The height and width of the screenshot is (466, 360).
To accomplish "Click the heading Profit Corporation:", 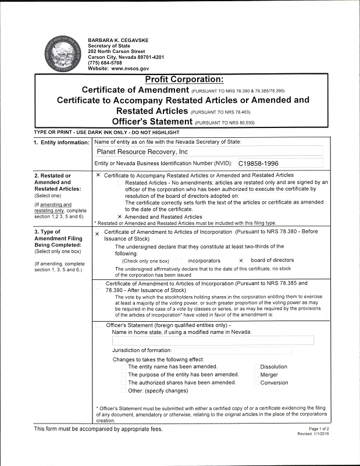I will (184, 80).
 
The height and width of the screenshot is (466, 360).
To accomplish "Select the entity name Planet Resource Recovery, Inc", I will (142, 152).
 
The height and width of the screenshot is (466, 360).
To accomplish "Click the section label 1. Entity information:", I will (62, 143).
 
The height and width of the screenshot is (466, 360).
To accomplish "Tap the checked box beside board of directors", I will (241, 261).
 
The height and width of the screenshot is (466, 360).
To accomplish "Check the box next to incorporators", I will (179, 261).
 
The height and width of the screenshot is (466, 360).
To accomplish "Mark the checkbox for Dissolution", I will (256, 367).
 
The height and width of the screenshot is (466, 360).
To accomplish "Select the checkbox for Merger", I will (256, 375).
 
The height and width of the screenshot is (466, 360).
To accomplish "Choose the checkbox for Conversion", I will (256, 383).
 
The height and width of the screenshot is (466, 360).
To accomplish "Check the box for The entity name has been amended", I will (124, 367).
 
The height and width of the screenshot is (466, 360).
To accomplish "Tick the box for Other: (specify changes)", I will (124, 391).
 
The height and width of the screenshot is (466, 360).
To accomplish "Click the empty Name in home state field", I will (212, 340).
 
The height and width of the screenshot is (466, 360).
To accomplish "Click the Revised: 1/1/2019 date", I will (313, 434).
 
